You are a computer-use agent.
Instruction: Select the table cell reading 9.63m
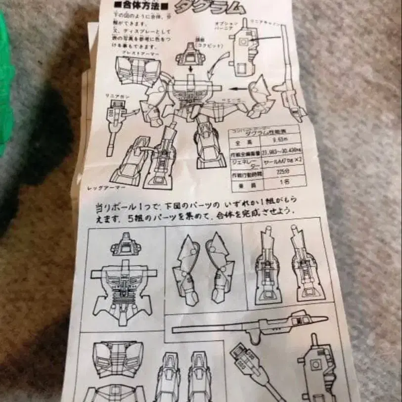pos(282,139)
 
